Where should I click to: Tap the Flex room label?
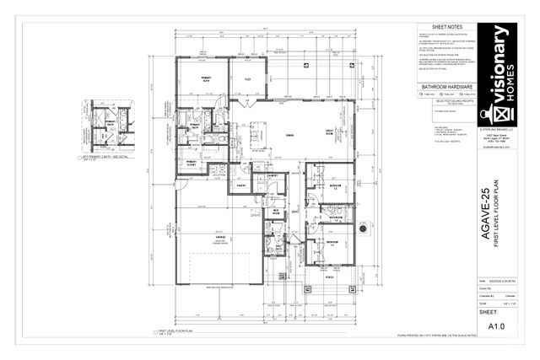coord(248,78)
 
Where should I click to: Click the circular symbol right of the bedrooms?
coord(363,228)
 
